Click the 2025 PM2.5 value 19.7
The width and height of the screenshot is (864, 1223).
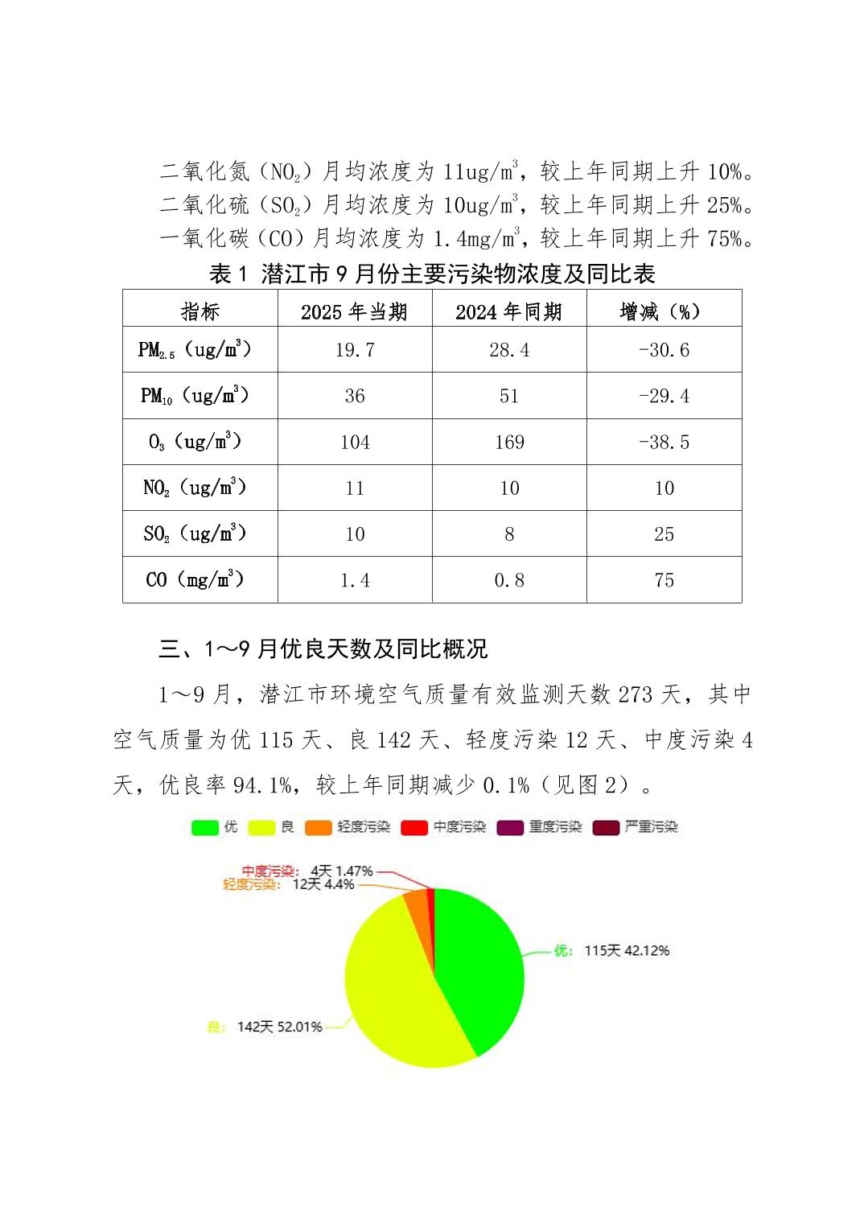pos(355,350)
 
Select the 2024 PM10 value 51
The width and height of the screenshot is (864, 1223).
pos(509,396)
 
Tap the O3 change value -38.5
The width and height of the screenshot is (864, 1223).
pos(664,442)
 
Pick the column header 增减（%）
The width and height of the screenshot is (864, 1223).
pos(664,311)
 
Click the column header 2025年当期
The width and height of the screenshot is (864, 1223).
pos(355,311)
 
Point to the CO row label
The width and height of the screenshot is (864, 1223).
pos(195,579)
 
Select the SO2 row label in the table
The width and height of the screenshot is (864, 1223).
pos(195,533)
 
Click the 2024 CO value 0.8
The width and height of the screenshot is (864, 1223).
pos(509,580)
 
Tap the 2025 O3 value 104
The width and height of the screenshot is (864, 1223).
pos(355,442)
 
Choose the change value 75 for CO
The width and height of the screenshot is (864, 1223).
pos(664,580)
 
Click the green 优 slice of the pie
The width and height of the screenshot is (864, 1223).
pos(479,966)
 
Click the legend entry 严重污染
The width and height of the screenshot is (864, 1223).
pos(636,827)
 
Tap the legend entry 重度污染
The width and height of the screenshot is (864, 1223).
pos(540,827)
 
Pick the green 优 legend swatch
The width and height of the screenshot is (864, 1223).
pos(204,827)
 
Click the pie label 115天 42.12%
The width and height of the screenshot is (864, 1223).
pos(627,950)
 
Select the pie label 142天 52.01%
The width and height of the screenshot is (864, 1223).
pos(279,1027)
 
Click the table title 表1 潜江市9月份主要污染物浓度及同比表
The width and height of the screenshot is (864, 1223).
pos(432,274)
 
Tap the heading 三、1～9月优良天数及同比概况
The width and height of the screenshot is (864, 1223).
pos(323,649)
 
